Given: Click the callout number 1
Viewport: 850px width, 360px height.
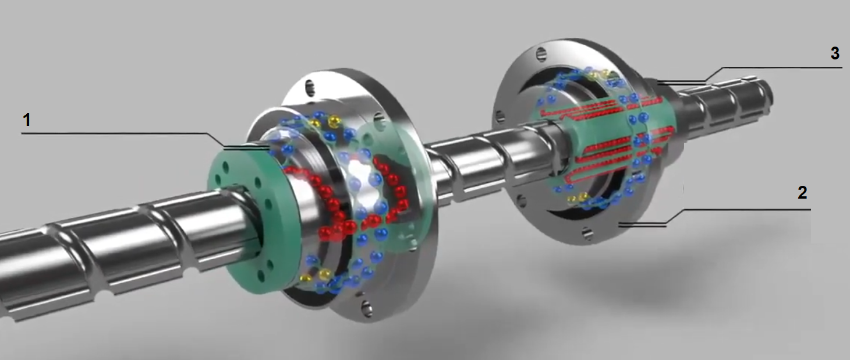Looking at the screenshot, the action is (x=27, y=120).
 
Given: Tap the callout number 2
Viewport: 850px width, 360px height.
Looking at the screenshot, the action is (x=802, y=193).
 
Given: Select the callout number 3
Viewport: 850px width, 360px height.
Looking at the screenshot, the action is (x=835, y=53).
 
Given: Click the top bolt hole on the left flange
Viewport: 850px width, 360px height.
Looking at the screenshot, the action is (x=310, y=88).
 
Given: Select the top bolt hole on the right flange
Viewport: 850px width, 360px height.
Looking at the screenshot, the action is (x=541, y=54).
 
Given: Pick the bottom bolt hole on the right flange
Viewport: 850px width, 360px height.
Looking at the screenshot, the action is (x=587, y=233).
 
